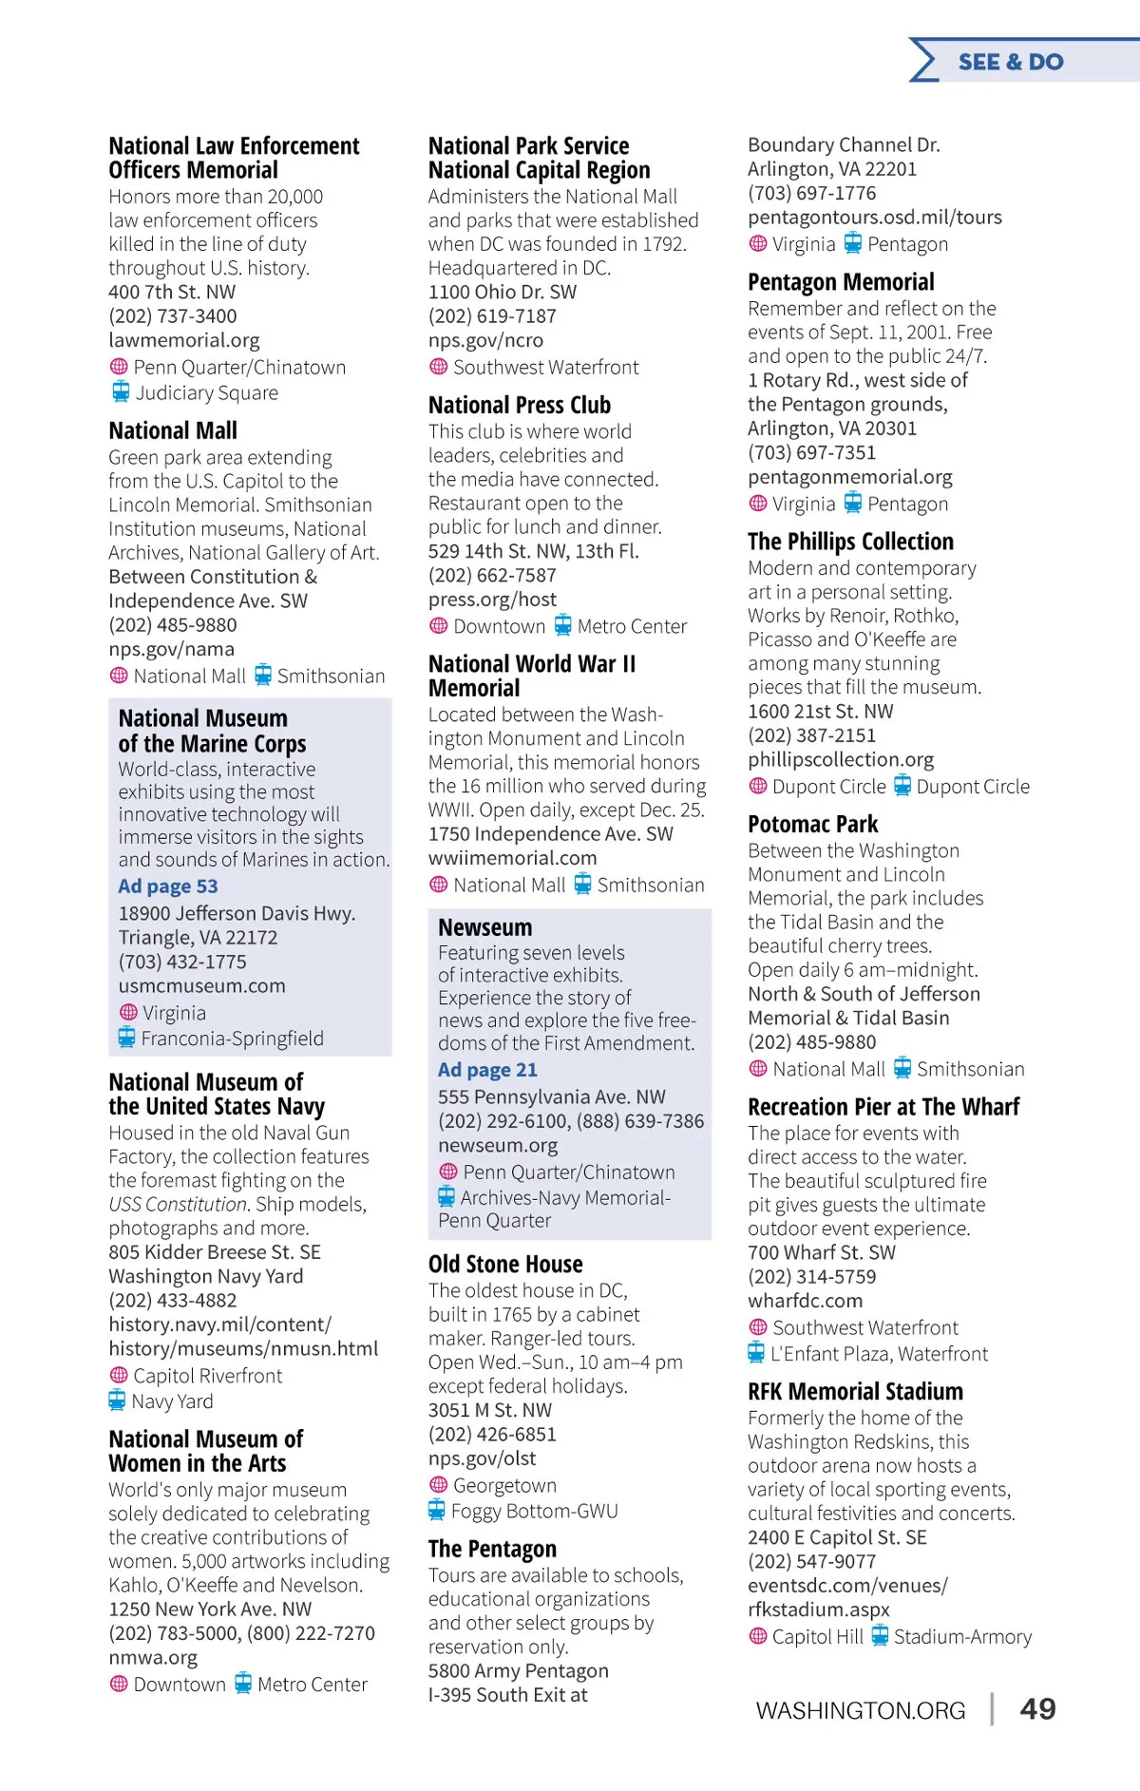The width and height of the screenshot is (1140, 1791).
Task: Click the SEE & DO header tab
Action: (x=1011, y=62)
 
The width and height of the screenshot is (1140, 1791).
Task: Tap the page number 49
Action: (x=1037, y=1708)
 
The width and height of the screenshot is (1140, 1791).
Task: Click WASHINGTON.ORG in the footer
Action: (x=860, y=1710)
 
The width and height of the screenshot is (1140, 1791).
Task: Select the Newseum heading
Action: (x=484, y=927)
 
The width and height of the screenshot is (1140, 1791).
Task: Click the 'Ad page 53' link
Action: (x=168, y=886)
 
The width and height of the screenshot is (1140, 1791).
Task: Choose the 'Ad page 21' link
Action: (x=487, y=1070)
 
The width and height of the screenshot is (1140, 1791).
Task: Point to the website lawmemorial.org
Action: (x=183, y=340)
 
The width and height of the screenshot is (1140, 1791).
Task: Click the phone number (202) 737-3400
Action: (x=173, y=316)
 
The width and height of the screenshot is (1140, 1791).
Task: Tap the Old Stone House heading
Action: (x=505, y=1265)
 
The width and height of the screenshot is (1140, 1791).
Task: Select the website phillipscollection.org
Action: (x=841, y=759)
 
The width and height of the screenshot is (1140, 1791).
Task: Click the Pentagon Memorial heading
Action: (x=841, y=282)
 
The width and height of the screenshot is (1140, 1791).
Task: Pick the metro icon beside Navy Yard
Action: (x=117, y=1400)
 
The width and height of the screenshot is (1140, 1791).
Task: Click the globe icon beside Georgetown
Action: (x=438, y=1484)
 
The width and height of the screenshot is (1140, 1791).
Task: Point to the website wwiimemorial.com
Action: (x=512, y=858)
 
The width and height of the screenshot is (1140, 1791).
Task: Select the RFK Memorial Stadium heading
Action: (x=855, y=1392)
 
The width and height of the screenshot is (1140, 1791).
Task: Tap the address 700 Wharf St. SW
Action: (x=822, y=1252)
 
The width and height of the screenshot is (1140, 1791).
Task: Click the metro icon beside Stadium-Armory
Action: (x=880, y=1635)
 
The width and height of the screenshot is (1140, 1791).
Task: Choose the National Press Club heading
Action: (x=520, y=406)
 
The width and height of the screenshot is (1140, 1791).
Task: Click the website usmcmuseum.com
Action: (x=201, y=986)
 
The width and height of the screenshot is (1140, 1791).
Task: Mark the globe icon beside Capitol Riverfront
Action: (x=119, y=1375)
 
